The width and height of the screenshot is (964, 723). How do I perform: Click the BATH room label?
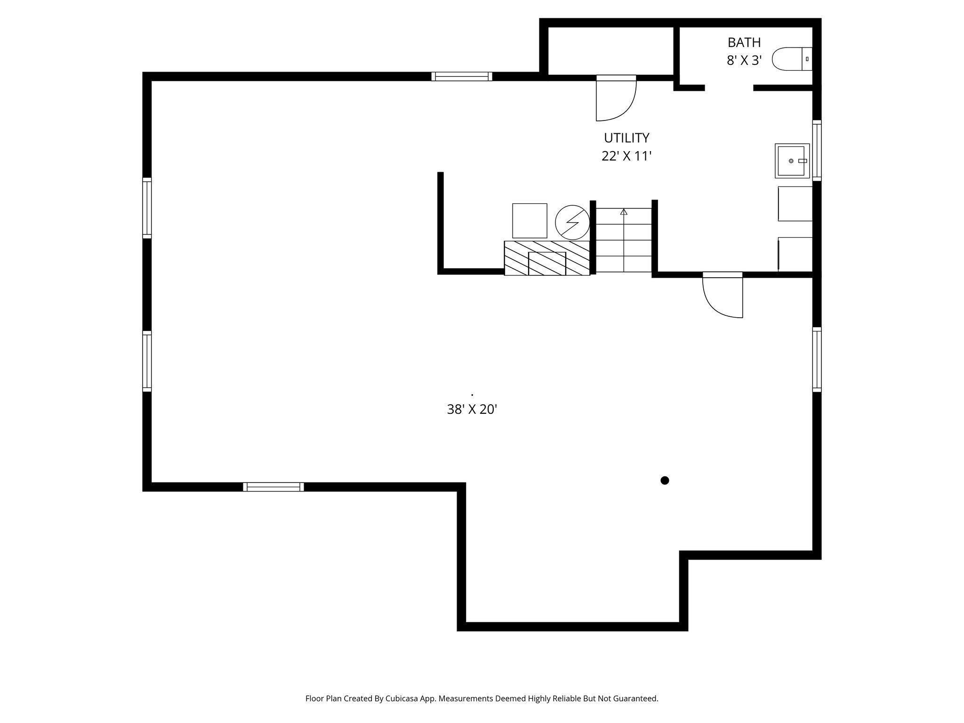[x=744, y=43]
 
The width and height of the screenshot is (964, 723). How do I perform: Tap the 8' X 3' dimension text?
[x=744, y=61]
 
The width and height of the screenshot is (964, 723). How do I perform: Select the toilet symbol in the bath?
[x=792, y=59]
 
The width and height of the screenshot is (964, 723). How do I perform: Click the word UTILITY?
[x=626, y=138]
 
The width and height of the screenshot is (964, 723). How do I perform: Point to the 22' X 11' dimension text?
[x=626, y=156]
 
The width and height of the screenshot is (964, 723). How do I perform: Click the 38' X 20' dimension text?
[x=472, y=410]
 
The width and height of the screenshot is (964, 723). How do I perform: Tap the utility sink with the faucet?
[x=792, y=161]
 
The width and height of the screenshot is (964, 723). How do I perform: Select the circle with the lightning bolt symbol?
[x=572, y=222]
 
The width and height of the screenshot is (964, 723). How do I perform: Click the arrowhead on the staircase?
[x=624, y=212]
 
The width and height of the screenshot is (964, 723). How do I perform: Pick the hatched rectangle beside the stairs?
[x=546, y=258]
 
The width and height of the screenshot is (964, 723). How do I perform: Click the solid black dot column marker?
[x=665, y=480]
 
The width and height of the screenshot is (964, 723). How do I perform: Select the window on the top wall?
[x=461, y=76]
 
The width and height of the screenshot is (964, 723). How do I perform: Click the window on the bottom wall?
[x=273, y=487]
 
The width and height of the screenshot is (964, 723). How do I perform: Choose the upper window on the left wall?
[x=147, y=208]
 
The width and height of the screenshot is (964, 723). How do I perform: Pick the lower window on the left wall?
[x=147, y=361]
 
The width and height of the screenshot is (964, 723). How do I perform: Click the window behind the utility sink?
[x=817, y=151]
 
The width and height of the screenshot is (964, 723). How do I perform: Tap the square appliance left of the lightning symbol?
[x=530, y=221]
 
